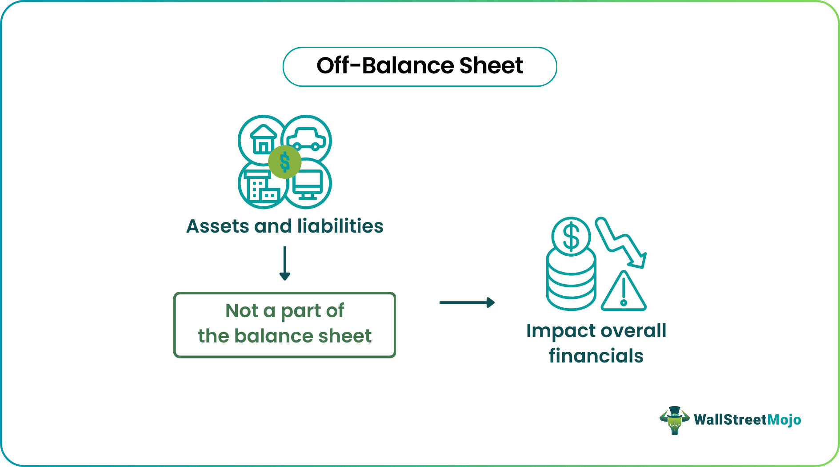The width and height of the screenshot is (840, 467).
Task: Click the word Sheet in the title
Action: (491, 66)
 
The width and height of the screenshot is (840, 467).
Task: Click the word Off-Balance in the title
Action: (385, 66)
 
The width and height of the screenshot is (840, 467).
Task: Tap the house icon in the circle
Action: (263, 139)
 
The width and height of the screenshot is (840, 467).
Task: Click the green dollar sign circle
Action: (285, 162)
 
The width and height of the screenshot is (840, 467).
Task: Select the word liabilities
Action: (340, 226)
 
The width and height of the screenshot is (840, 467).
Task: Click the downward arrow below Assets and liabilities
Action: (285, 264)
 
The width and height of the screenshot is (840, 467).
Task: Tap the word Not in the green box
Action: (242, 310)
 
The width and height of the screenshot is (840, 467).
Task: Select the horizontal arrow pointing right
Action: (467, 302)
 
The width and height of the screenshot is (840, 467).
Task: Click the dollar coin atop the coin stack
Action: (571, 237)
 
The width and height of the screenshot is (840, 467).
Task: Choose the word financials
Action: (596, 356)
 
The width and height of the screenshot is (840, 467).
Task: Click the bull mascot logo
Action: (674, 420)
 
